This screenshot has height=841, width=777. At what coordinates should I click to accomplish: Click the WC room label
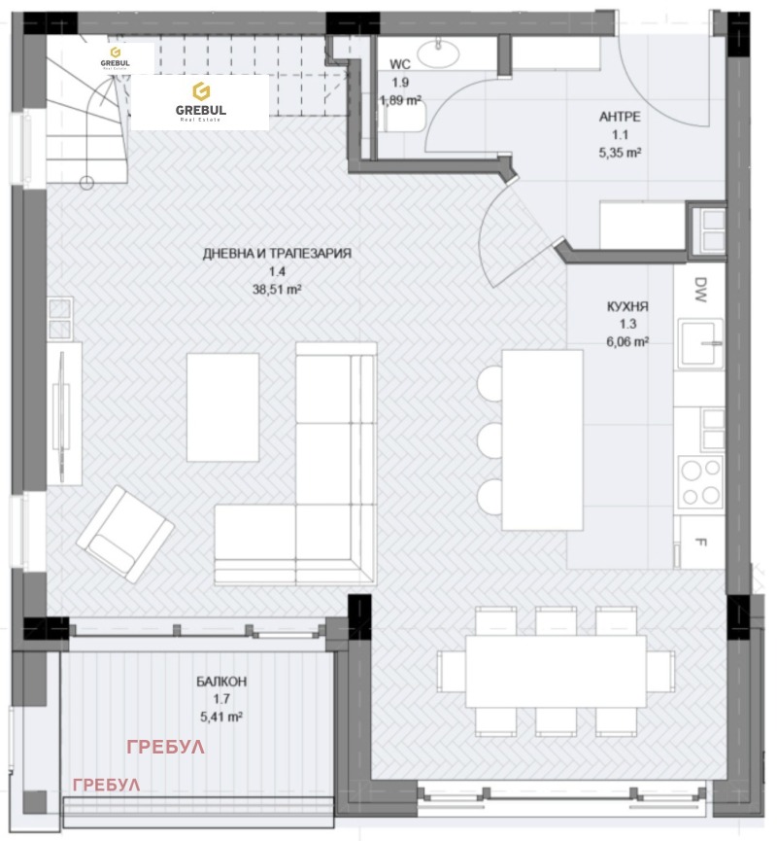click(400, 64)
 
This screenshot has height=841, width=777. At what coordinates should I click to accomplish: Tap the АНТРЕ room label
click(622, 118)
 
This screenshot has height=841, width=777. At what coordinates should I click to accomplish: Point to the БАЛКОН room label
click(220, 682)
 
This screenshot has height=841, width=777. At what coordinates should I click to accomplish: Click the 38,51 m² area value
click(277, 289)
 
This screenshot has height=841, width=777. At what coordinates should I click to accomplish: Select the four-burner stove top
click(700, 483)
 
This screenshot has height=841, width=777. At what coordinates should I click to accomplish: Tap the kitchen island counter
click(542, 439)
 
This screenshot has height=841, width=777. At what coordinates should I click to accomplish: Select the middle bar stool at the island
click(489, 439)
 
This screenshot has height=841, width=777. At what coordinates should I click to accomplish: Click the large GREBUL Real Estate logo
click(200, 102)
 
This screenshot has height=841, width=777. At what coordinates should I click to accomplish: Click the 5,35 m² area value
click(622, 153)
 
